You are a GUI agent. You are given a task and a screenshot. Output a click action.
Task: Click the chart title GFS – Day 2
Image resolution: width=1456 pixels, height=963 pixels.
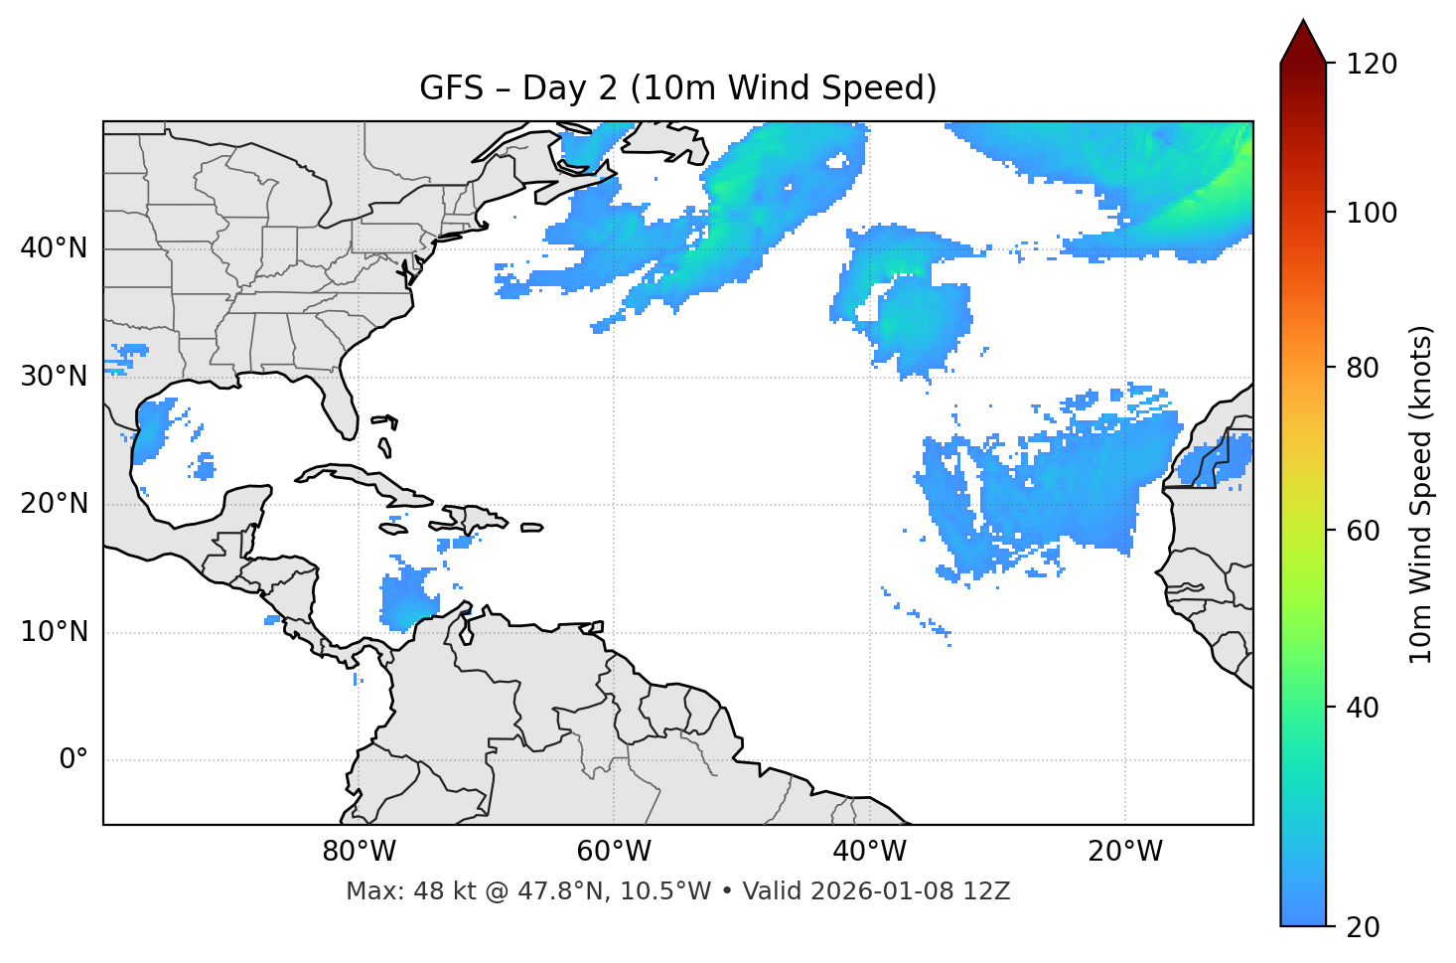pyautogui.click(x=677, y=88)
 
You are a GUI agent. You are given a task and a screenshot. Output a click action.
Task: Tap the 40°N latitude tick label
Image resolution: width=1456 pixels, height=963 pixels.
pyautogui.click(x=54, y=248)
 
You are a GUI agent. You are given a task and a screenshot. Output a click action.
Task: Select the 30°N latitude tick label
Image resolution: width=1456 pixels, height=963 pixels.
pyautogui.click(x=54, y=377)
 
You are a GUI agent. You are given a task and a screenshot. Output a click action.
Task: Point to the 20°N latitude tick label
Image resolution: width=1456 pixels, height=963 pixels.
pyautogui.click(x=54, y=504)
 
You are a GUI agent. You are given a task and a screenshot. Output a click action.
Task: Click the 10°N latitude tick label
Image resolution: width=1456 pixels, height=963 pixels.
pyautogui.click(x=54, y=632)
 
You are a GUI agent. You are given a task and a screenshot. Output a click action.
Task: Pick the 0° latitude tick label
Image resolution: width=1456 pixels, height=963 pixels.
pyautogui.click(x=73, y=760)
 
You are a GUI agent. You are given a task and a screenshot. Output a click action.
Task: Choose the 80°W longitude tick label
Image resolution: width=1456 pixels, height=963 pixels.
pyautogui.click(x=359, y=852)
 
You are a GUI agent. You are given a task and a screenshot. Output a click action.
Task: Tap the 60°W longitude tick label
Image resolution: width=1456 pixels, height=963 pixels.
pyautogui.click(x=614, y=852)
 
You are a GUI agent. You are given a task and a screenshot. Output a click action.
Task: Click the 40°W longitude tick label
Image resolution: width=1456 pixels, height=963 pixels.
pyautogui.click(x=869, y=852)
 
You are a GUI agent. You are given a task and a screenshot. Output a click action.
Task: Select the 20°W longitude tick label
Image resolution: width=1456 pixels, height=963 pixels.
pyautogui.click(x=1124, y=852)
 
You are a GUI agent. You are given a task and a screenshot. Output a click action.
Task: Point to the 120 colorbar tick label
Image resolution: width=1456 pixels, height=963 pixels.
pyautogui.click(x=1372, y=65)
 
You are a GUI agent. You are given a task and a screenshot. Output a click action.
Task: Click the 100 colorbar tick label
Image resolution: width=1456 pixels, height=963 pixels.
pyautogui.click(x=1372, y=213)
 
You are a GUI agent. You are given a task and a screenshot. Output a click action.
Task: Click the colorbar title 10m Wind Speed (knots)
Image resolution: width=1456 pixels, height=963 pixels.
pyautogui.click(x=1421, y=495)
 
